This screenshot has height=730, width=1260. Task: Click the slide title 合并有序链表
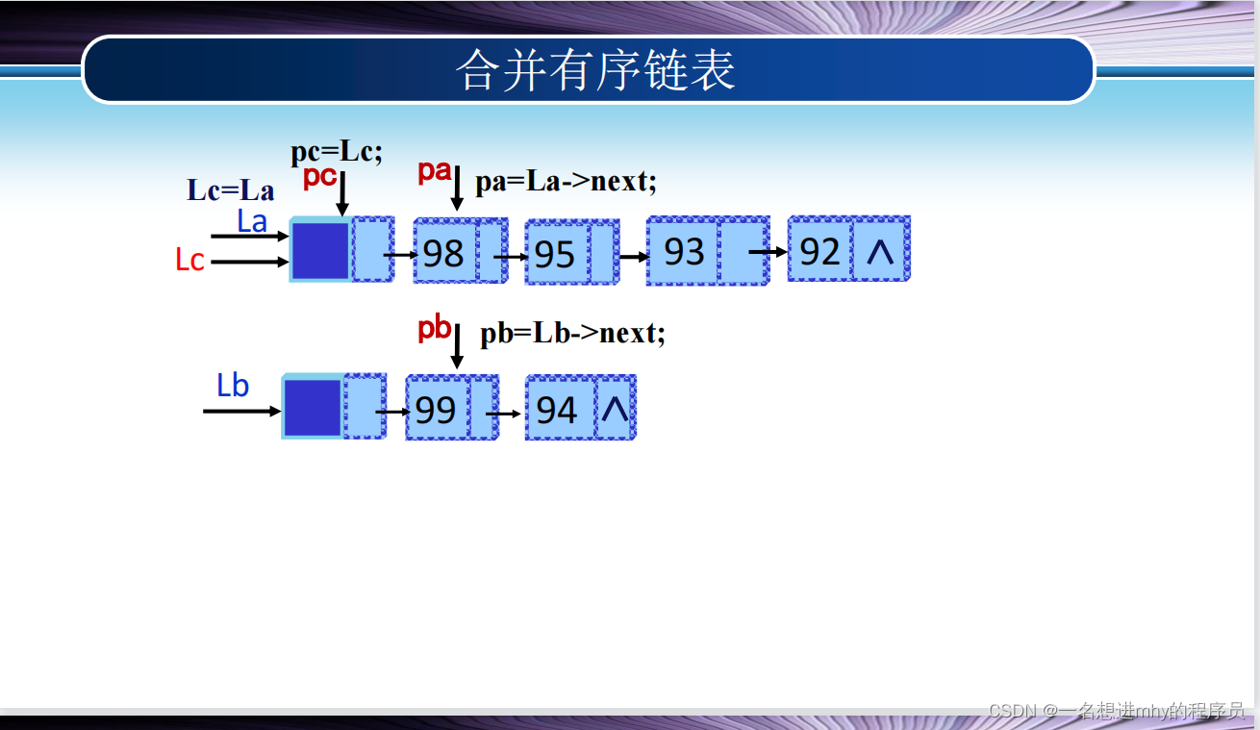point(595,70)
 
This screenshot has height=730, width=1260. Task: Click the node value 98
point(443,254)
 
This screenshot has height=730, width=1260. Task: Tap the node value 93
point(684,252)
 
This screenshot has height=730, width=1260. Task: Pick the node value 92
point(820,252)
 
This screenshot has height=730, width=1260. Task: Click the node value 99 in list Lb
point(436,411)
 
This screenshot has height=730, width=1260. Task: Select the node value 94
point(556,411)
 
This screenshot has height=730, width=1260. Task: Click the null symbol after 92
point(880,252)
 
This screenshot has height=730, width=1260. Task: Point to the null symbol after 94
point(615,411)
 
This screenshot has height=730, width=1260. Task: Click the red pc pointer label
point(319,177)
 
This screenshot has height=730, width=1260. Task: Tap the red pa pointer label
point(434,172)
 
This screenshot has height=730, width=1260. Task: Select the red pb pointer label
point(434,329)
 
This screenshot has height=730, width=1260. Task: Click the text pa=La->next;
point(566,182)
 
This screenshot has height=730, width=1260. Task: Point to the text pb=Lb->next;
point(572,334)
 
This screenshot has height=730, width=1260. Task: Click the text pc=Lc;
point(337,152)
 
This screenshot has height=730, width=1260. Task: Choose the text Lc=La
point(230,189)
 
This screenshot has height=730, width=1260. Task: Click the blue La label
point(252,222)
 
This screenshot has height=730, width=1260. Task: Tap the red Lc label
point(189,260)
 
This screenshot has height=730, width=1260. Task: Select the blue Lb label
point(233,386)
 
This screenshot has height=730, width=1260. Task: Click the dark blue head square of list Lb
point(312,408)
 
